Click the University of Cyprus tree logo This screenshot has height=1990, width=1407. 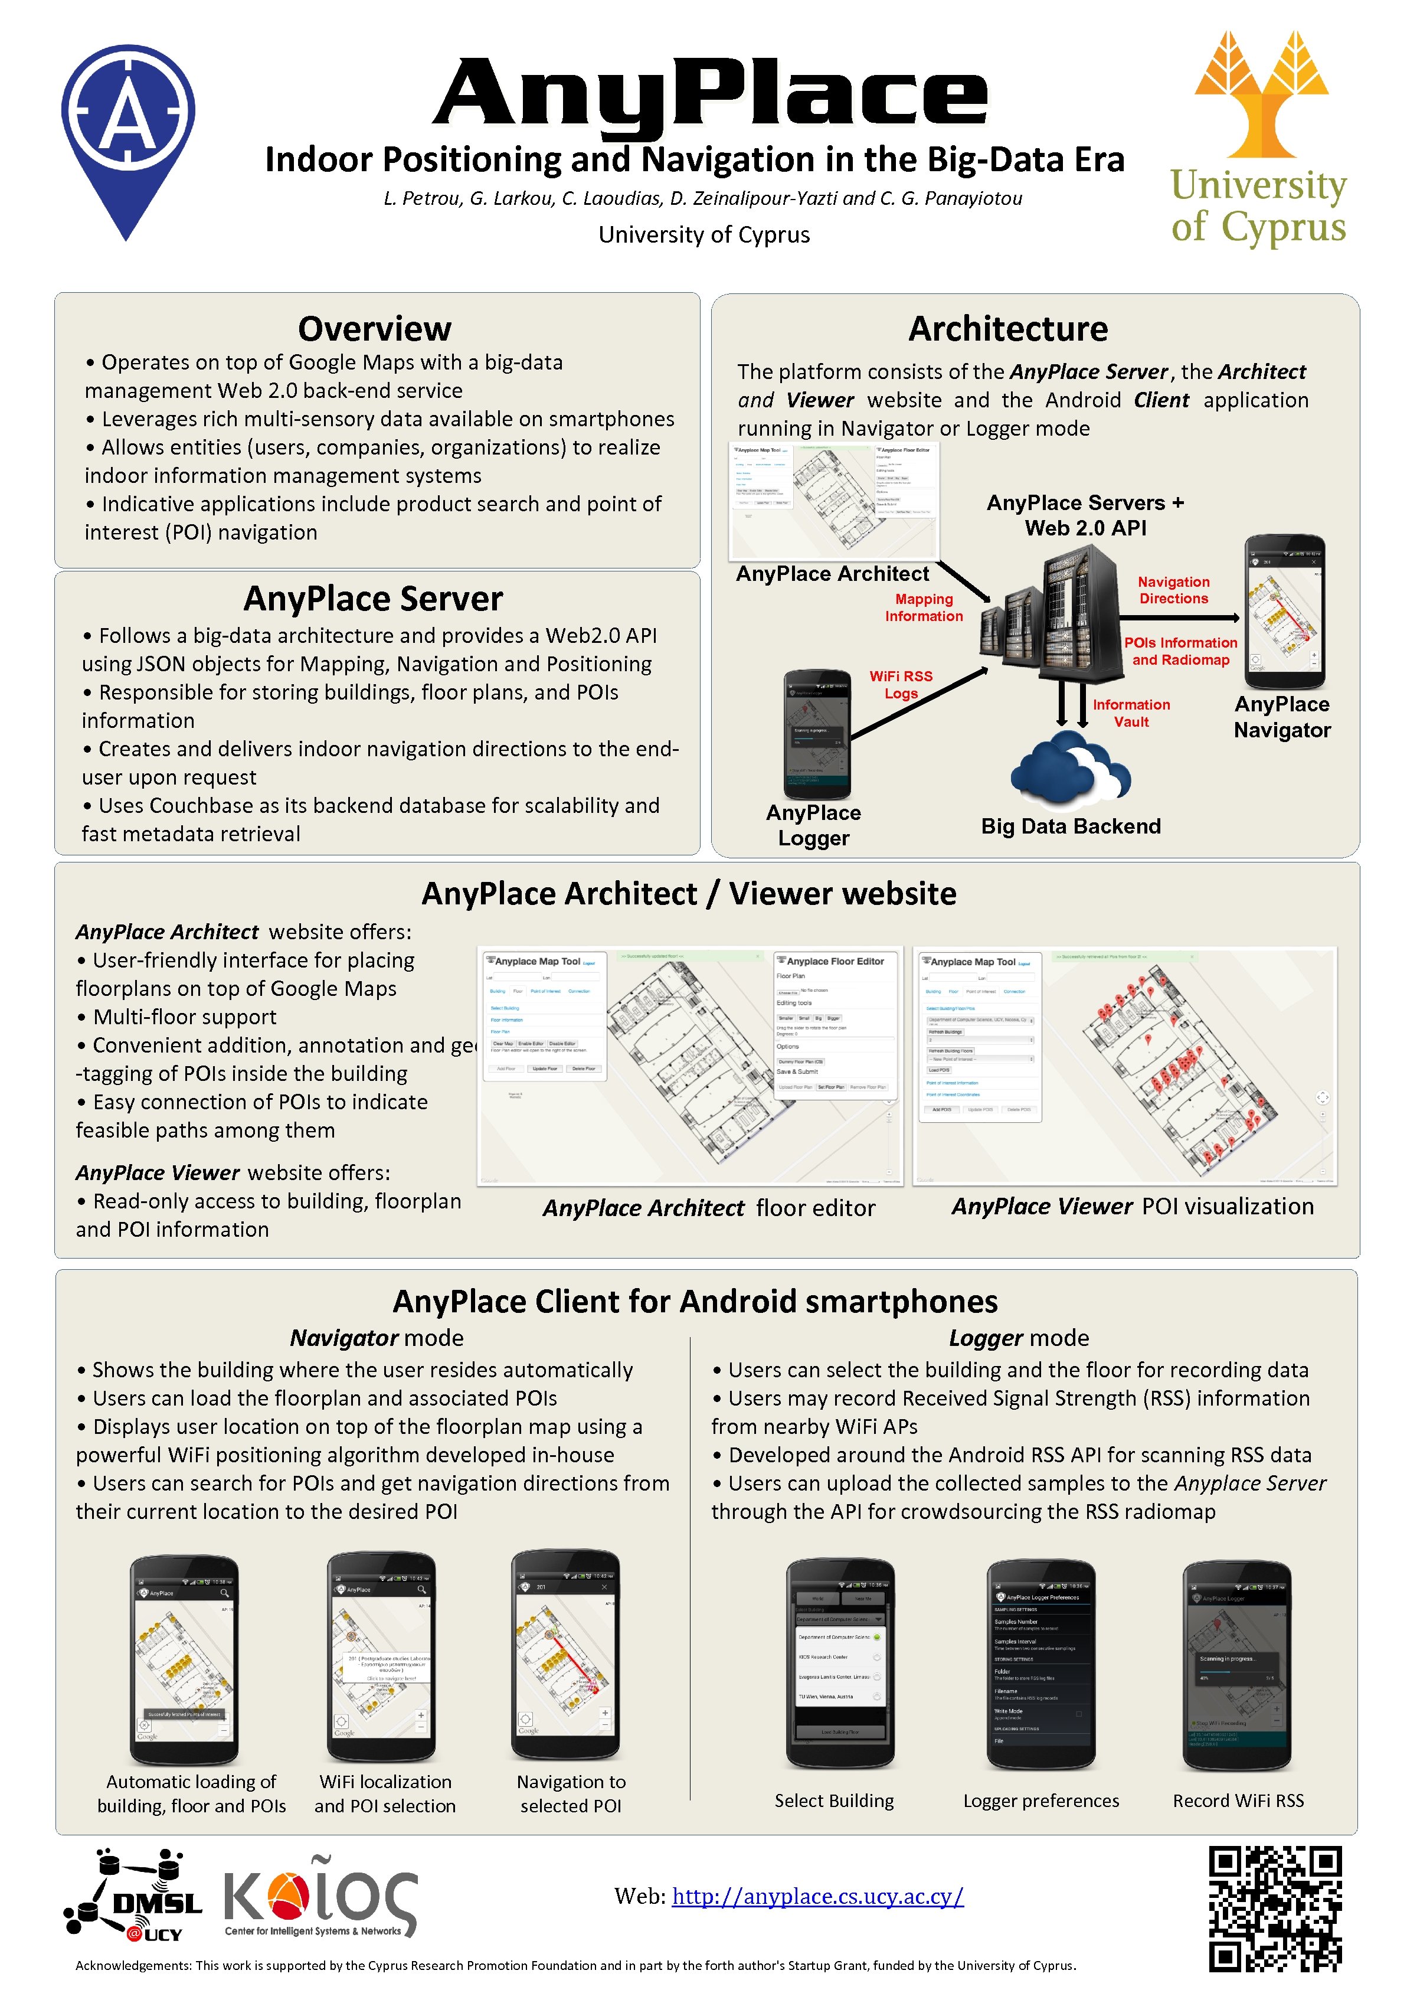1261,96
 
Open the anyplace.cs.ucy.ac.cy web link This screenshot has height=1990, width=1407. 817,1896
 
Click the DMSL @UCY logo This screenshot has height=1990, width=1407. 135,1896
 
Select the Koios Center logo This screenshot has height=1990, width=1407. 320,1898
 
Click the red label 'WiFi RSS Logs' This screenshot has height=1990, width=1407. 901,684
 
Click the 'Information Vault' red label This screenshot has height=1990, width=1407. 1131,713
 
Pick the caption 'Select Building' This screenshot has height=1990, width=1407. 833,1800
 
